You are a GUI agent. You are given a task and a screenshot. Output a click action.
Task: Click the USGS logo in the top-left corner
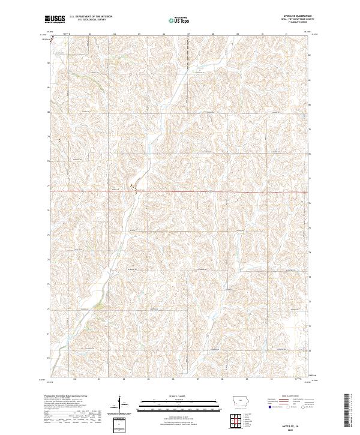coord(54,19)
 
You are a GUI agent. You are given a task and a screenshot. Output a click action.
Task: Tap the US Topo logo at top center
coord(179,20)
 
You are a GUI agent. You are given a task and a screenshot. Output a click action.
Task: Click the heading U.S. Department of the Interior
coord(91,17)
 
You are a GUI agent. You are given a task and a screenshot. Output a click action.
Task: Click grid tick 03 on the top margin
coord(89,34)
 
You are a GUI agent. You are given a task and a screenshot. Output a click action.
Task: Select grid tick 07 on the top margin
coord(188,34)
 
